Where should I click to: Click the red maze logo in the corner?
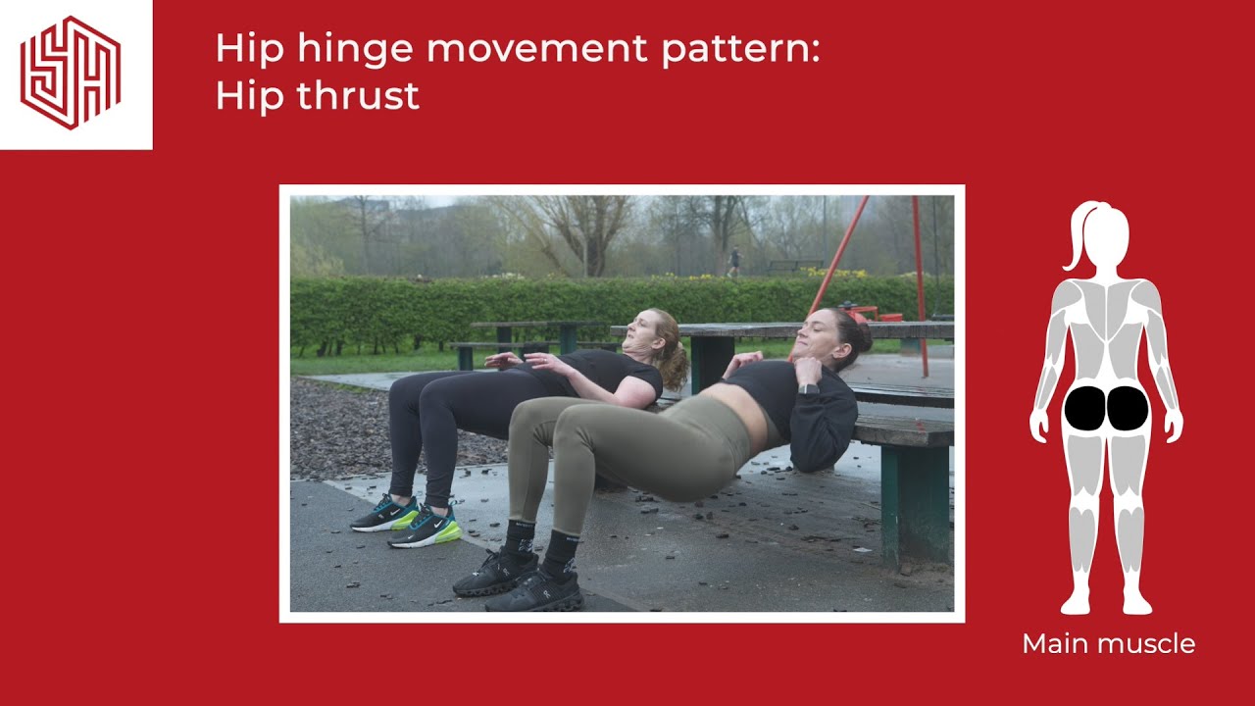(x=71, y=73)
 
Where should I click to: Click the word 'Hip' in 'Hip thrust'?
(x=241, y=96)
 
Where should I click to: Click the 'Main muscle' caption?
(x=1108, y=644)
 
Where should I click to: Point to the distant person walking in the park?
(x=734, y=260)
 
